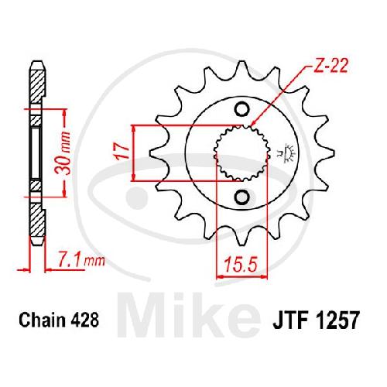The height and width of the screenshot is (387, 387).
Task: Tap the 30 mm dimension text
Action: [63, 153]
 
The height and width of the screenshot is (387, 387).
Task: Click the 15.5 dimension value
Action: [241, 265]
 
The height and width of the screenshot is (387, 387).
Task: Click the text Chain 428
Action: [59, 320]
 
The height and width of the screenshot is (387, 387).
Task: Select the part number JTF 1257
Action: [316, 320]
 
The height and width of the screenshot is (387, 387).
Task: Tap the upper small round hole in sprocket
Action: [241, 109]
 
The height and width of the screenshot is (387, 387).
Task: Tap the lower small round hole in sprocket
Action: [241, 197]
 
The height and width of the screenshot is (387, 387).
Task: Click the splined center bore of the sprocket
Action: [241, 153]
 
